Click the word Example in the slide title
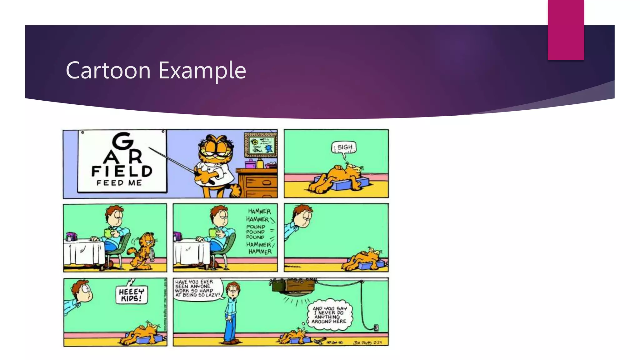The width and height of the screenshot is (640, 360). (202, 71)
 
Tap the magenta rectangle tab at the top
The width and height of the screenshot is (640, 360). (566, 30)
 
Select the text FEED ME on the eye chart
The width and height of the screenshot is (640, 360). (119, 183)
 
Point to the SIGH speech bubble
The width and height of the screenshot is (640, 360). (344, 147)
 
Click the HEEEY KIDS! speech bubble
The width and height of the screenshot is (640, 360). (132, 295)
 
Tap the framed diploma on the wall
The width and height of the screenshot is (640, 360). (261, 144)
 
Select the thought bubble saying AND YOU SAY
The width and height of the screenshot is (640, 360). (329, 315)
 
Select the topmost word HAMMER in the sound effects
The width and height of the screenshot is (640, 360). (259, 212)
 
